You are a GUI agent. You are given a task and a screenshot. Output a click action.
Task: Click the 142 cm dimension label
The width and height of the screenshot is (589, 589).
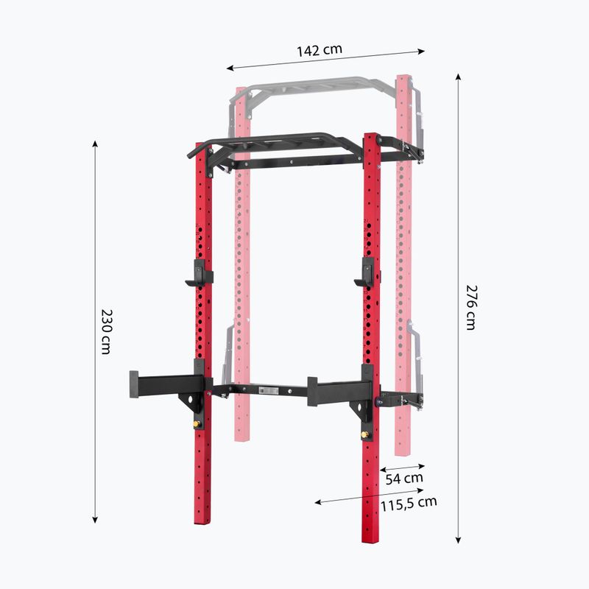[320, 51]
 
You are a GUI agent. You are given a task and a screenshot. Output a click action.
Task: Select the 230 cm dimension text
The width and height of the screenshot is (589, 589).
[106, 332]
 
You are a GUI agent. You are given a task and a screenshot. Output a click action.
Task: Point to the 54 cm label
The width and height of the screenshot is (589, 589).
[404, 478]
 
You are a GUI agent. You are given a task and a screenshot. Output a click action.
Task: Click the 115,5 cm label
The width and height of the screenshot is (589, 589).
[409, 504]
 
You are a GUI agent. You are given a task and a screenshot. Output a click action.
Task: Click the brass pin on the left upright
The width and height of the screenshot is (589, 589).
[197, 423]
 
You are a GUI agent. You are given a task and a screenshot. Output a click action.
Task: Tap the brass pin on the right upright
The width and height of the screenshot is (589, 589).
[364, 435]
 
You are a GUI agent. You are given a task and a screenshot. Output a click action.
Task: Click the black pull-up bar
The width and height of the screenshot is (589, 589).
[272, 141]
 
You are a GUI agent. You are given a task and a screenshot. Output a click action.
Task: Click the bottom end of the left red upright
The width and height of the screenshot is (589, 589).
[202, 519]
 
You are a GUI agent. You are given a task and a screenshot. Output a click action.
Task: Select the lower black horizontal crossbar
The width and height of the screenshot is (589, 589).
[265, 388]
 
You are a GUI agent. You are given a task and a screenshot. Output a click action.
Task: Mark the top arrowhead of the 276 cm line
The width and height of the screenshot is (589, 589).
[458, 75]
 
